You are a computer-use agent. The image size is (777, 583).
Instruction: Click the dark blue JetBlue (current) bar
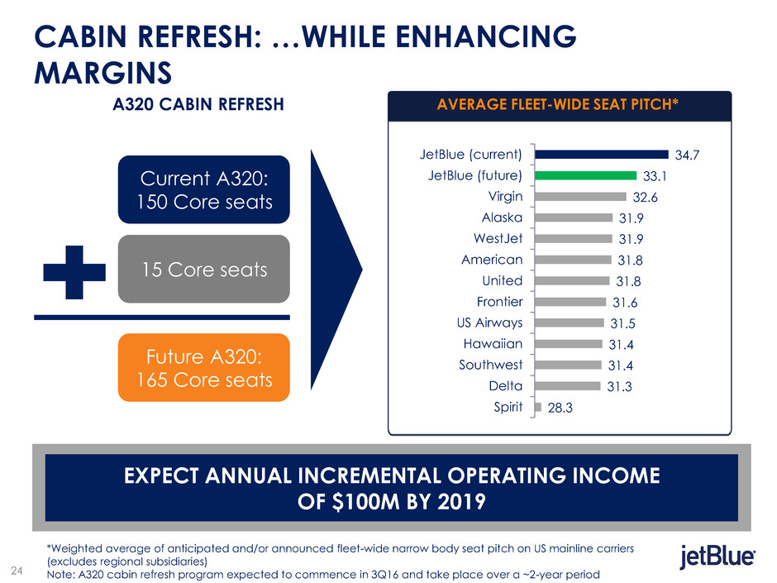click(601, 153)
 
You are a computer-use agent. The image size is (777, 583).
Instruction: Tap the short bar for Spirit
click(538, 406)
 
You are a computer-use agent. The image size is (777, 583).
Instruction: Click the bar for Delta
click(567, 385)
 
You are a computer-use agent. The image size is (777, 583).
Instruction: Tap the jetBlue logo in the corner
click(717, 558)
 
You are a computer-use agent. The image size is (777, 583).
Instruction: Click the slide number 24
click(17, 568)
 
